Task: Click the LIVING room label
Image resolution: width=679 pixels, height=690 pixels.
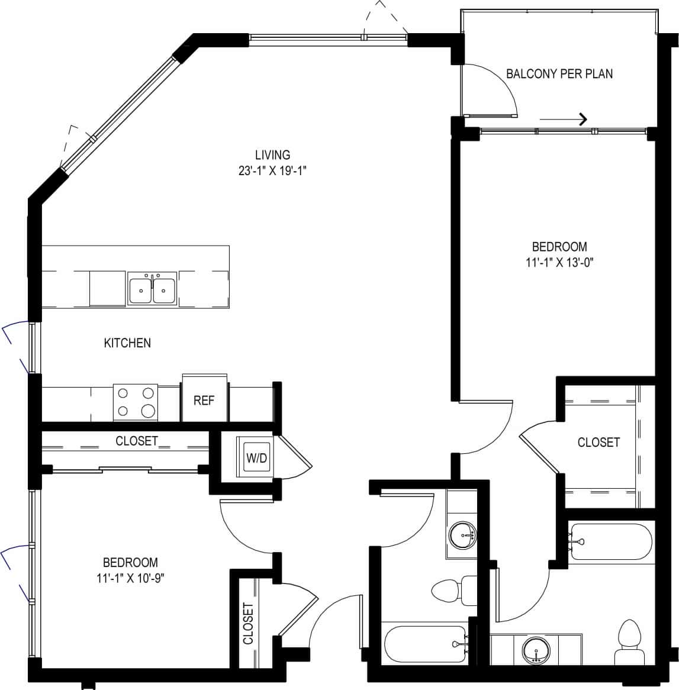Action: click(272, 155)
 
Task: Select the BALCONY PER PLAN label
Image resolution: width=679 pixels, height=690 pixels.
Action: click(559, 74)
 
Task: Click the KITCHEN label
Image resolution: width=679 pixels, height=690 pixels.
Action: click(127, 343)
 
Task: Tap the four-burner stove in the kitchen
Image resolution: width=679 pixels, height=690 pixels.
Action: click(136, 402)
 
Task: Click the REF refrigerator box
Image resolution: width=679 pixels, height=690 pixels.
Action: click(204, 400)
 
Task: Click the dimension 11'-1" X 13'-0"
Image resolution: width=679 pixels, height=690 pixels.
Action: click(559, 262)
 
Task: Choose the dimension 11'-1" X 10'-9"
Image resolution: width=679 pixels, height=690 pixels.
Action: click(130, 578)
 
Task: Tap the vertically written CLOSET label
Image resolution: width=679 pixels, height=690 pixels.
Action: click(248, 623)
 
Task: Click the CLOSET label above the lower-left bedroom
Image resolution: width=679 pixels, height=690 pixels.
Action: click(137, 441)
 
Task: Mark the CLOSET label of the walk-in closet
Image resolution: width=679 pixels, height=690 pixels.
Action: click(598, 442)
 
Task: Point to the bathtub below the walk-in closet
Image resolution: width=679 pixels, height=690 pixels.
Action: click(610, 541)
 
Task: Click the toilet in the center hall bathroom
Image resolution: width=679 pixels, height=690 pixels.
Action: click(453, 590)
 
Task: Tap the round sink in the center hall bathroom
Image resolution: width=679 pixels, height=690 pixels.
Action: click(462, 536)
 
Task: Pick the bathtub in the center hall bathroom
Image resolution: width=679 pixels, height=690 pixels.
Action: click(425, 644)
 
